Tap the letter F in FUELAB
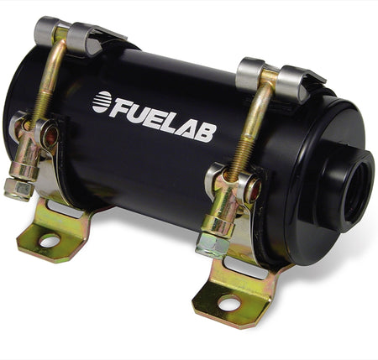tap(121, 107)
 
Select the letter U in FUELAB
tap(139, 111)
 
